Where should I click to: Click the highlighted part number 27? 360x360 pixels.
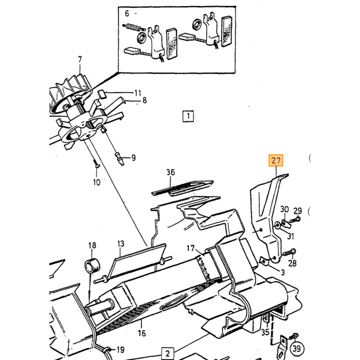click(x=276, y=160)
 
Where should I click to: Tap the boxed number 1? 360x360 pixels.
click(x=188, y=116)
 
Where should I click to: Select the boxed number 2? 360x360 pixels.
click(x=168, y=353)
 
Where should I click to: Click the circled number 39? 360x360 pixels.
click(x=297, y=349)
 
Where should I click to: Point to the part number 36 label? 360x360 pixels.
click(x=171, y=172)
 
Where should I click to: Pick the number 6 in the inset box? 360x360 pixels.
click(x=127, y=13)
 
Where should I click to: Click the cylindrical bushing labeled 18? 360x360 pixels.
click(x=93, y=265)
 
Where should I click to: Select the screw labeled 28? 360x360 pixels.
click(x=290, y=252)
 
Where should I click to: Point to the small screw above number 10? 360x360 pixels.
click(x=97, y=164)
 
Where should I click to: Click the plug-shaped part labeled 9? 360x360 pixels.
click(x=120, y=159)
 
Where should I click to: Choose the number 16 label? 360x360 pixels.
click(x=141, y=333)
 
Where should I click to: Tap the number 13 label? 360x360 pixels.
click(x=121, y=244)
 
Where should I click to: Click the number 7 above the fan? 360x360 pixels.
click(x=80, y=60)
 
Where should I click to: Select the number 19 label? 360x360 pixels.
click(x=120, y=350)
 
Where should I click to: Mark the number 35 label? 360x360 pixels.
click(x=265, y=332)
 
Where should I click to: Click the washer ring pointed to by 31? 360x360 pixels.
click(x=278, y=225)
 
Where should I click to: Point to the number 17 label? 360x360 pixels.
click(x=191, y=248)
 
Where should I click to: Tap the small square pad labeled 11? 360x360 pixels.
click(x=102, y=94)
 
